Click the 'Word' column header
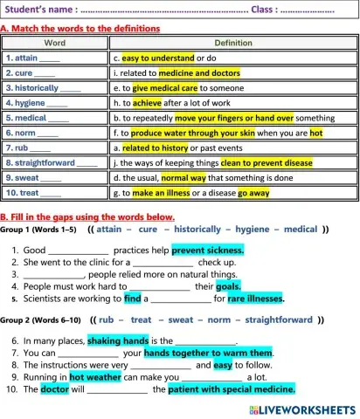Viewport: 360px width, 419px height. pos(54,42)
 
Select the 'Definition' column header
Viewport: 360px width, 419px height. pos(233,42)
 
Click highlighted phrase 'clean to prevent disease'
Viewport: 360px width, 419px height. pos(266,161)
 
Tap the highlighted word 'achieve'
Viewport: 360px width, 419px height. pos(147,102)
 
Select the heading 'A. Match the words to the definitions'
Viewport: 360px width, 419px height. pos(80,28)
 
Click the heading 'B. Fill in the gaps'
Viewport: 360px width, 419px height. pos(87,216)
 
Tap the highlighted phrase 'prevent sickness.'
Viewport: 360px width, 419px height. pos(207,250)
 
